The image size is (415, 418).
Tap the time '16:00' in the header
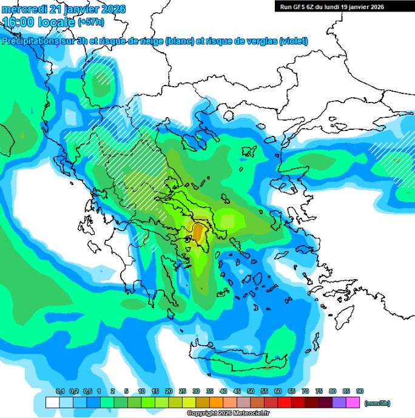16,22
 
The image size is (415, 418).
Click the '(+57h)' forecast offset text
90,23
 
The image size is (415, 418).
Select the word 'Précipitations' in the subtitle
33,41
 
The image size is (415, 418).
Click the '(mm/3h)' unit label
377,402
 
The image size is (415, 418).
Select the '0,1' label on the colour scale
60,391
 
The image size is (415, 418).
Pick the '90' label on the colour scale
360,391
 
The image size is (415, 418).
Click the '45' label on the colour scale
237,391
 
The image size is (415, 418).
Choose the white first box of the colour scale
53,402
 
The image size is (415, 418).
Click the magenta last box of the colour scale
353,402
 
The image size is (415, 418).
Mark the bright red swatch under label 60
285,402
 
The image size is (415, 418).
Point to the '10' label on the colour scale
141,391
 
